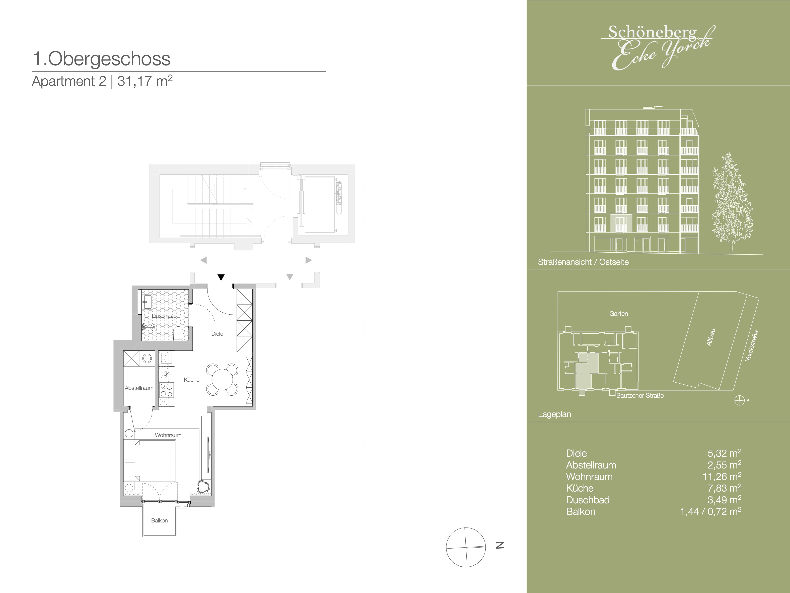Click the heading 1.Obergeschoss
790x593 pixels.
click(x=101, y=59)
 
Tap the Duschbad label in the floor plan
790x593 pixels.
click(x=164, y=316)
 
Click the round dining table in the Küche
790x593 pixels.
click(x=222, y=379)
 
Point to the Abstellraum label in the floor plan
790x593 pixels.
click(x=139, y=388)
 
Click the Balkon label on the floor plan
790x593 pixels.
click(x=159, y=520)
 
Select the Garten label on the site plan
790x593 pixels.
click(x=619, y=314)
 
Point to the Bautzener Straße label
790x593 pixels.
click(x=640, y=395)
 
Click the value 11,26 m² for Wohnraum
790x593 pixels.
click(x=722, y=477)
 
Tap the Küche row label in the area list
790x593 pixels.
click(x=580, y=488)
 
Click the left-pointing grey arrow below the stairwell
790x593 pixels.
click(x=203, y=260)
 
